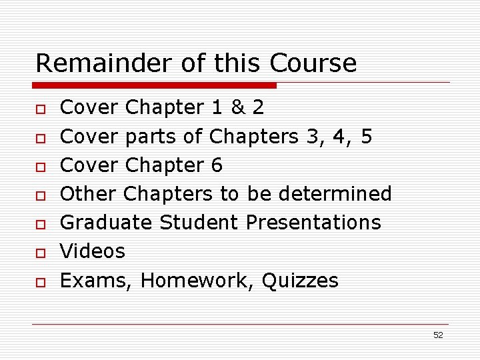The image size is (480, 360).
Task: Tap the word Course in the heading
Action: [x=313, y=63]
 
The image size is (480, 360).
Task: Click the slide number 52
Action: [x=438, y=335]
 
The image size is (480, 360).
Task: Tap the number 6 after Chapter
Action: [x=216, y=165]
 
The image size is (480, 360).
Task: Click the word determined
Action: [x=335, y=193]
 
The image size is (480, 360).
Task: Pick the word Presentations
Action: [x=313, y=222]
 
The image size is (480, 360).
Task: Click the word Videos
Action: [x=93, y=251]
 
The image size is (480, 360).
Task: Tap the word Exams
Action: [x=97, y=281]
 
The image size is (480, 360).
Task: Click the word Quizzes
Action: [x=300, y=281]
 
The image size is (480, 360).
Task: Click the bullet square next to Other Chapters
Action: [x=41, y=196]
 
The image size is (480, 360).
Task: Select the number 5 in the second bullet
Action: [x=365, y=137]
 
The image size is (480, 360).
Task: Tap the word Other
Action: [x=89, y=193]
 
